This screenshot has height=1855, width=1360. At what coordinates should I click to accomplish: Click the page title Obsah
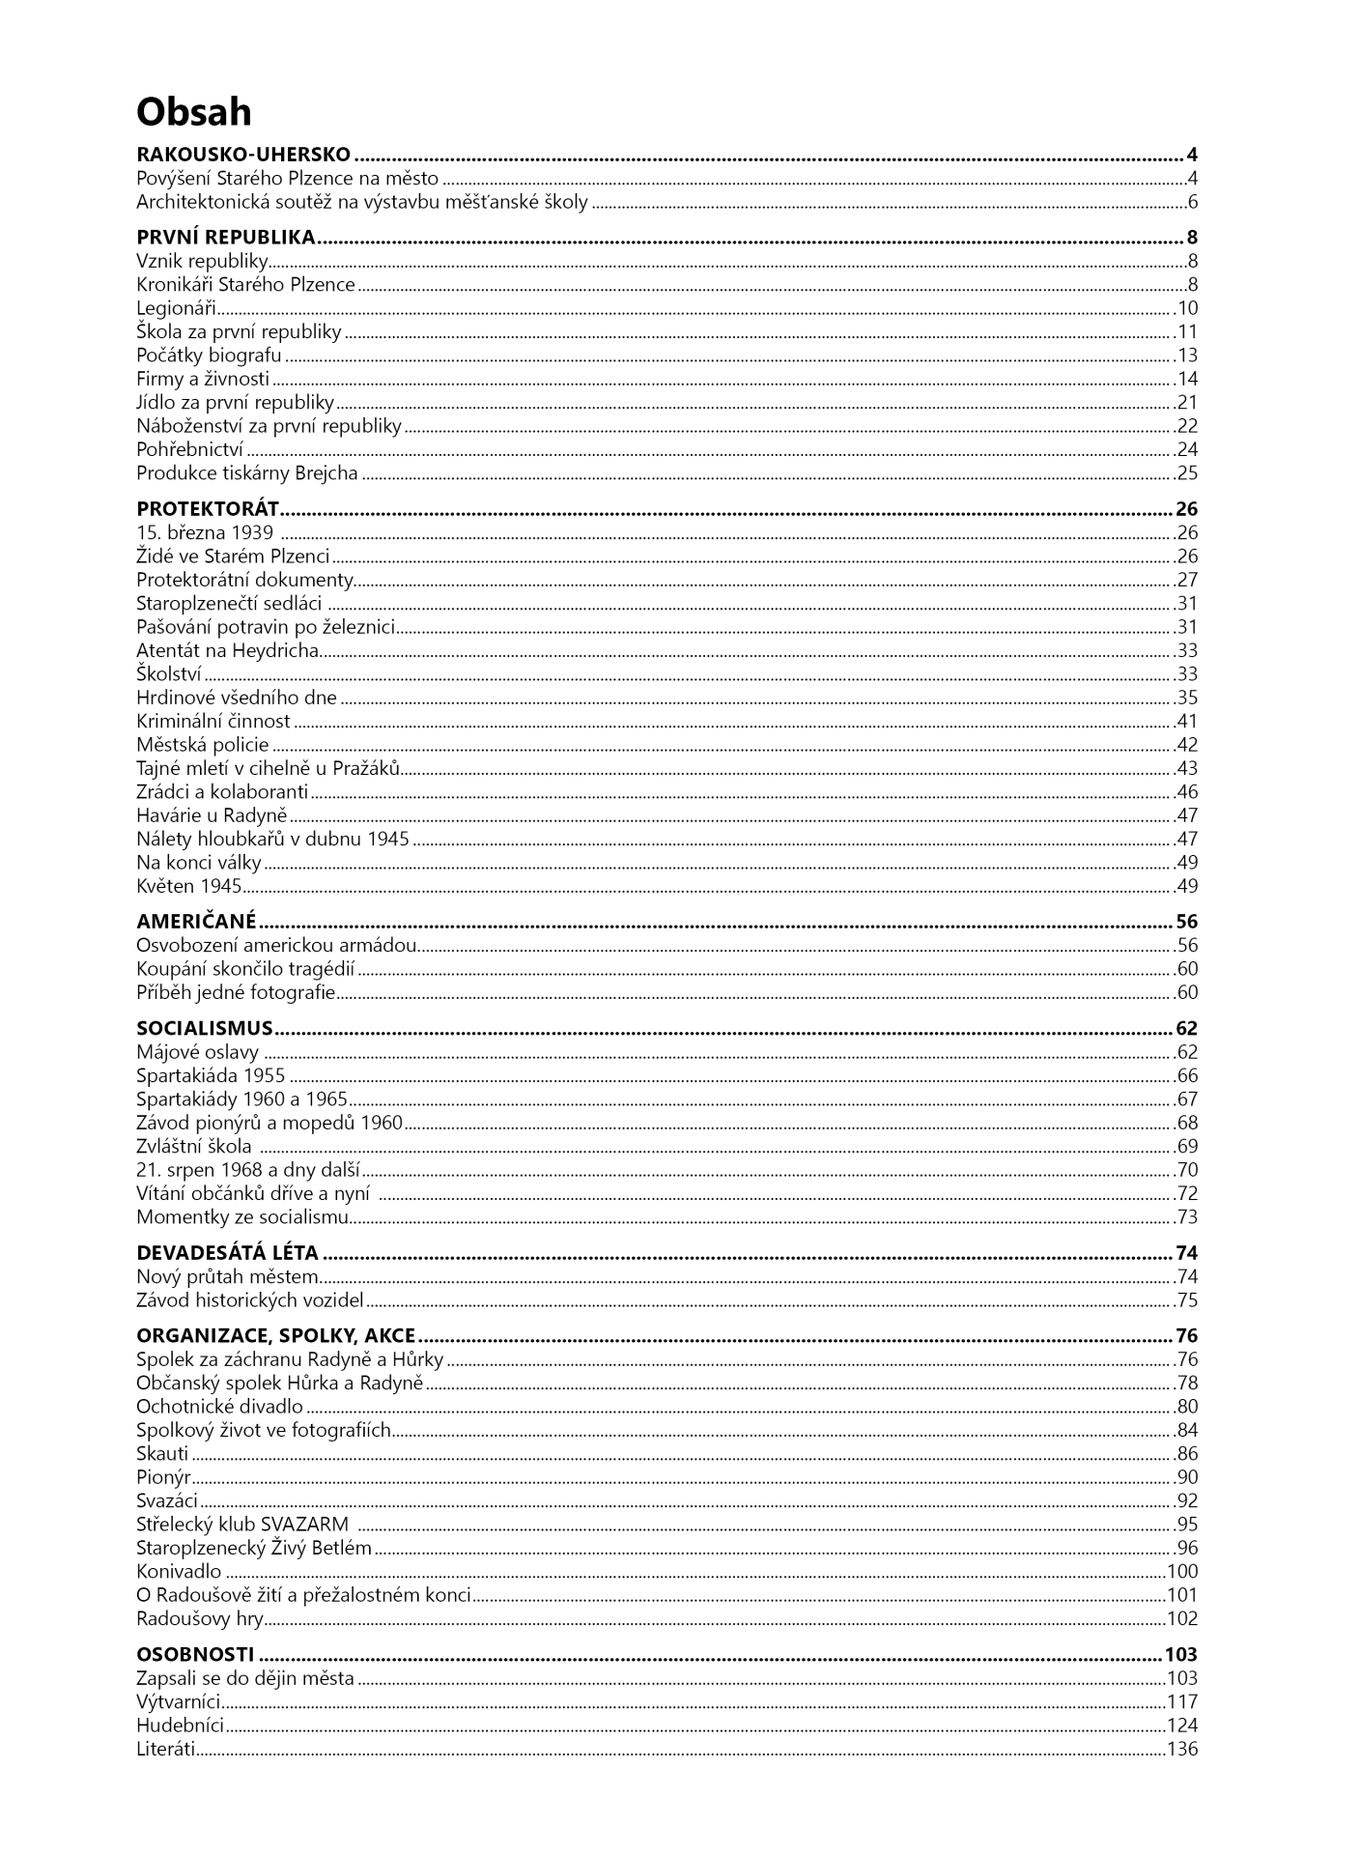point(193,112)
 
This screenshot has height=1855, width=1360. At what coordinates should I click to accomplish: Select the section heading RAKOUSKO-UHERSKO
point(243,155)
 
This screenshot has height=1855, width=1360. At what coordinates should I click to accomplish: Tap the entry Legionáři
point(176,309)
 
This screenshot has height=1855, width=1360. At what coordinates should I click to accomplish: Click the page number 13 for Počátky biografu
point(1187,356)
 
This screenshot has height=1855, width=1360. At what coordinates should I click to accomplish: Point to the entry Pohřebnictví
point(189,450)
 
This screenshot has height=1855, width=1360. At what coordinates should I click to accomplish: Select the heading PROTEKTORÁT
point(208,509)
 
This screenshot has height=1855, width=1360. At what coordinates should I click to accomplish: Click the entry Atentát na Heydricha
point(227,651)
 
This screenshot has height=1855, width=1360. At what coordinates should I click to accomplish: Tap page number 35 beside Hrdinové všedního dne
point(1187,699)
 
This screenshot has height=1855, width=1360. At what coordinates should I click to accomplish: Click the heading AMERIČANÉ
point(196,922)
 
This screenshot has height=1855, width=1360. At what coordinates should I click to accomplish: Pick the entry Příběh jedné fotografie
point(236,993)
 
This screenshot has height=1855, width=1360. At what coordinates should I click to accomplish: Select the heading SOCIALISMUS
point(205,1029)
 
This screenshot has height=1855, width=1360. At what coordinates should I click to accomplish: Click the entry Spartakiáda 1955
point(211,1076)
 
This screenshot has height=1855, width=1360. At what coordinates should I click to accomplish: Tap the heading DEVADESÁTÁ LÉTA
point(227,1254)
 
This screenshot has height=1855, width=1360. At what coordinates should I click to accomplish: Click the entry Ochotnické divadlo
point(219,1408)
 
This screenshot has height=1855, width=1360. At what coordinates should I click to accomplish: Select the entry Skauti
point(162,1454)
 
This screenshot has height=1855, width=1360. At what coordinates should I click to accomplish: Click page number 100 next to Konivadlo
point(1182,1572)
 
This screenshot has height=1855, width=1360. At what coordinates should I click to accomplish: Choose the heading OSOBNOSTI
point(195,1655)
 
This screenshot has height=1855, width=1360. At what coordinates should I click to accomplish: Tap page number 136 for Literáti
point(1182,1750)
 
